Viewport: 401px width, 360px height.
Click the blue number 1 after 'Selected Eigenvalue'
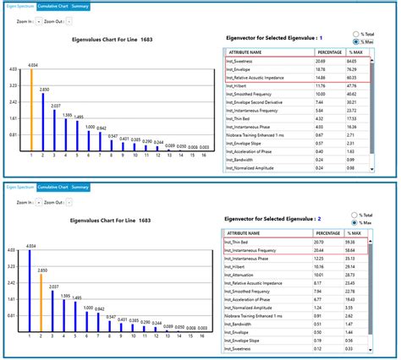(321, 37)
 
